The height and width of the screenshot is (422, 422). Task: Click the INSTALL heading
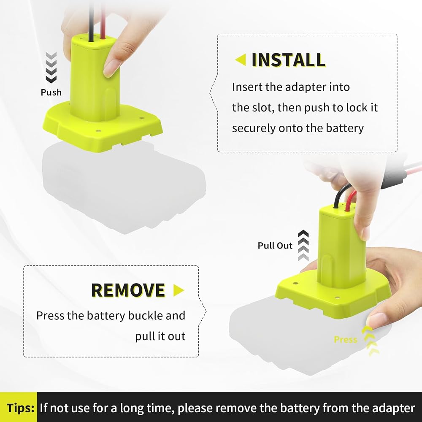coord(288,60)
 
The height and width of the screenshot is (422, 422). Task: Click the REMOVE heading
coord(128,290)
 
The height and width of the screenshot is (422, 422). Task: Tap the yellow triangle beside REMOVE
coord(179,290)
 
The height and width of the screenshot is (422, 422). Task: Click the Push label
coord(51,92)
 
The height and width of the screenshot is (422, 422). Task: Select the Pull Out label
coord(275,246)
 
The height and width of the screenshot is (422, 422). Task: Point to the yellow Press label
coord(346,340)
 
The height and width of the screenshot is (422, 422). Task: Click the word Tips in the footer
coord(20,408)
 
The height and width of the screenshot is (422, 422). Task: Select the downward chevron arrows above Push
coord(51,67)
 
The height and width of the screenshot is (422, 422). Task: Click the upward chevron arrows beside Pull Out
coord(303,246)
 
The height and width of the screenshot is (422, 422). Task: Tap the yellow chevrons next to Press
coord(371,341)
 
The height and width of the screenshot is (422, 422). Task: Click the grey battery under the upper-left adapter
coord(124,188)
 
